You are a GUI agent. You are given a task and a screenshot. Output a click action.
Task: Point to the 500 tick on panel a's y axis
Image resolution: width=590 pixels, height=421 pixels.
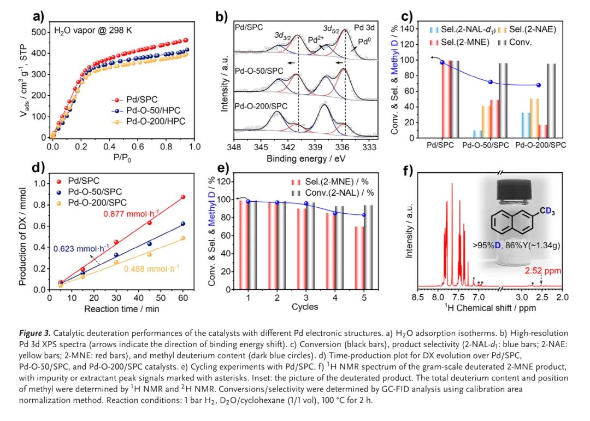(39, 32)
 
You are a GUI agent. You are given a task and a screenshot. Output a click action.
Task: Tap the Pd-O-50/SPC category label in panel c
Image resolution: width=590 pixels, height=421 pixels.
(483, 146)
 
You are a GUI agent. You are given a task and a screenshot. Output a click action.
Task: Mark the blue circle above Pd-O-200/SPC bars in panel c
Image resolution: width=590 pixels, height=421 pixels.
(539, 85)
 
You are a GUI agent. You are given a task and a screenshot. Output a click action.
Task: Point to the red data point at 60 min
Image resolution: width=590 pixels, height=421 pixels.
(183, 197)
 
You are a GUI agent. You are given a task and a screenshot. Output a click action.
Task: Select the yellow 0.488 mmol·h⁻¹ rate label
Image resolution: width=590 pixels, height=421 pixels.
(151, 268)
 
